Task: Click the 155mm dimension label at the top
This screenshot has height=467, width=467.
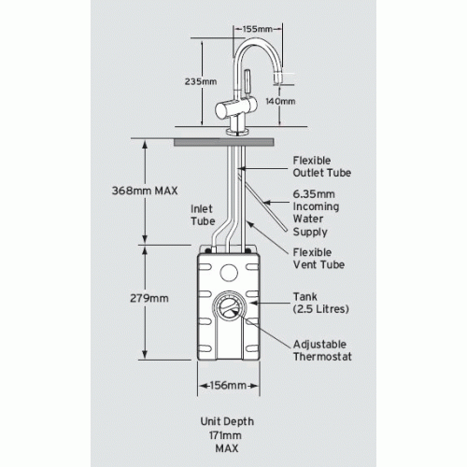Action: (x=258, y=29)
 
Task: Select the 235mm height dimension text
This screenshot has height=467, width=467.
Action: (x=201, y=81)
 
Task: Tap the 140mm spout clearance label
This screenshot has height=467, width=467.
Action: (x=280, y=101)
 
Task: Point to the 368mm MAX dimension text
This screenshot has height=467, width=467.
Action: (x=145, y=191)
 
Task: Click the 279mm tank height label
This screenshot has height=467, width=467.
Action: (x=149, y=298)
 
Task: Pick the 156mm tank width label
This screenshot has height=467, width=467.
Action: (x=228, y=386)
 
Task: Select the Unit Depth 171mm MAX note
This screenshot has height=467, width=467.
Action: (x=227, y=435)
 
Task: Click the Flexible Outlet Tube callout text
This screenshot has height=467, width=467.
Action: (x=322, y=166)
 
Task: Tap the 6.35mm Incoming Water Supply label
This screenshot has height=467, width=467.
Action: (x=316, y=213)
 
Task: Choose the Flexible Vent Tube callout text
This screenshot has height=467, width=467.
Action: (x=318, y=259)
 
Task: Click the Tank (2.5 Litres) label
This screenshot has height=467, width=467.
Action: (x=320, y=303)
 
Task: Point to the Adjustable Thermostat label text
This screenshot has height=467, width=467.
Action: (x=322, y=350)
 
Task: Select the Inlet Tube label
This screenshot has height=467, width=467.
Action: (x=203, y=215)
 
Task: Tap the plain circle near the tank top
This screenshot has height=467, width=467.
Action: (x=229, y=273)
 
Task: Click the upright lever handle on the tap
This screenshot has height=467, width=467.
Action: (x=248, y=81)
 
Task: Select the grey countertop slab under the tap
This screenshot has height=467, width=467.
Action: (x=224, y=143)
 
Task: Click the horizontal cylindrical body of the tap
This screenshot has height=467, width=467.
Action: (x=236, y=108)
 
